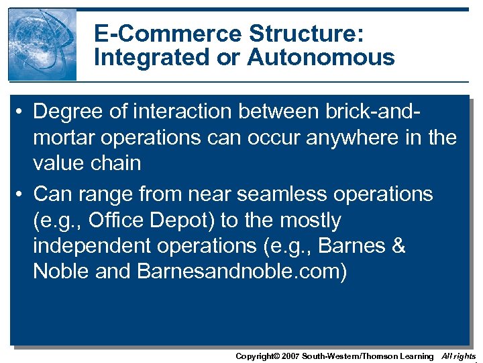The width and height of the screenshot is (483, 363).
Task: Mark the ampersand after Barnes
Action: [x=398, y=247]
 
